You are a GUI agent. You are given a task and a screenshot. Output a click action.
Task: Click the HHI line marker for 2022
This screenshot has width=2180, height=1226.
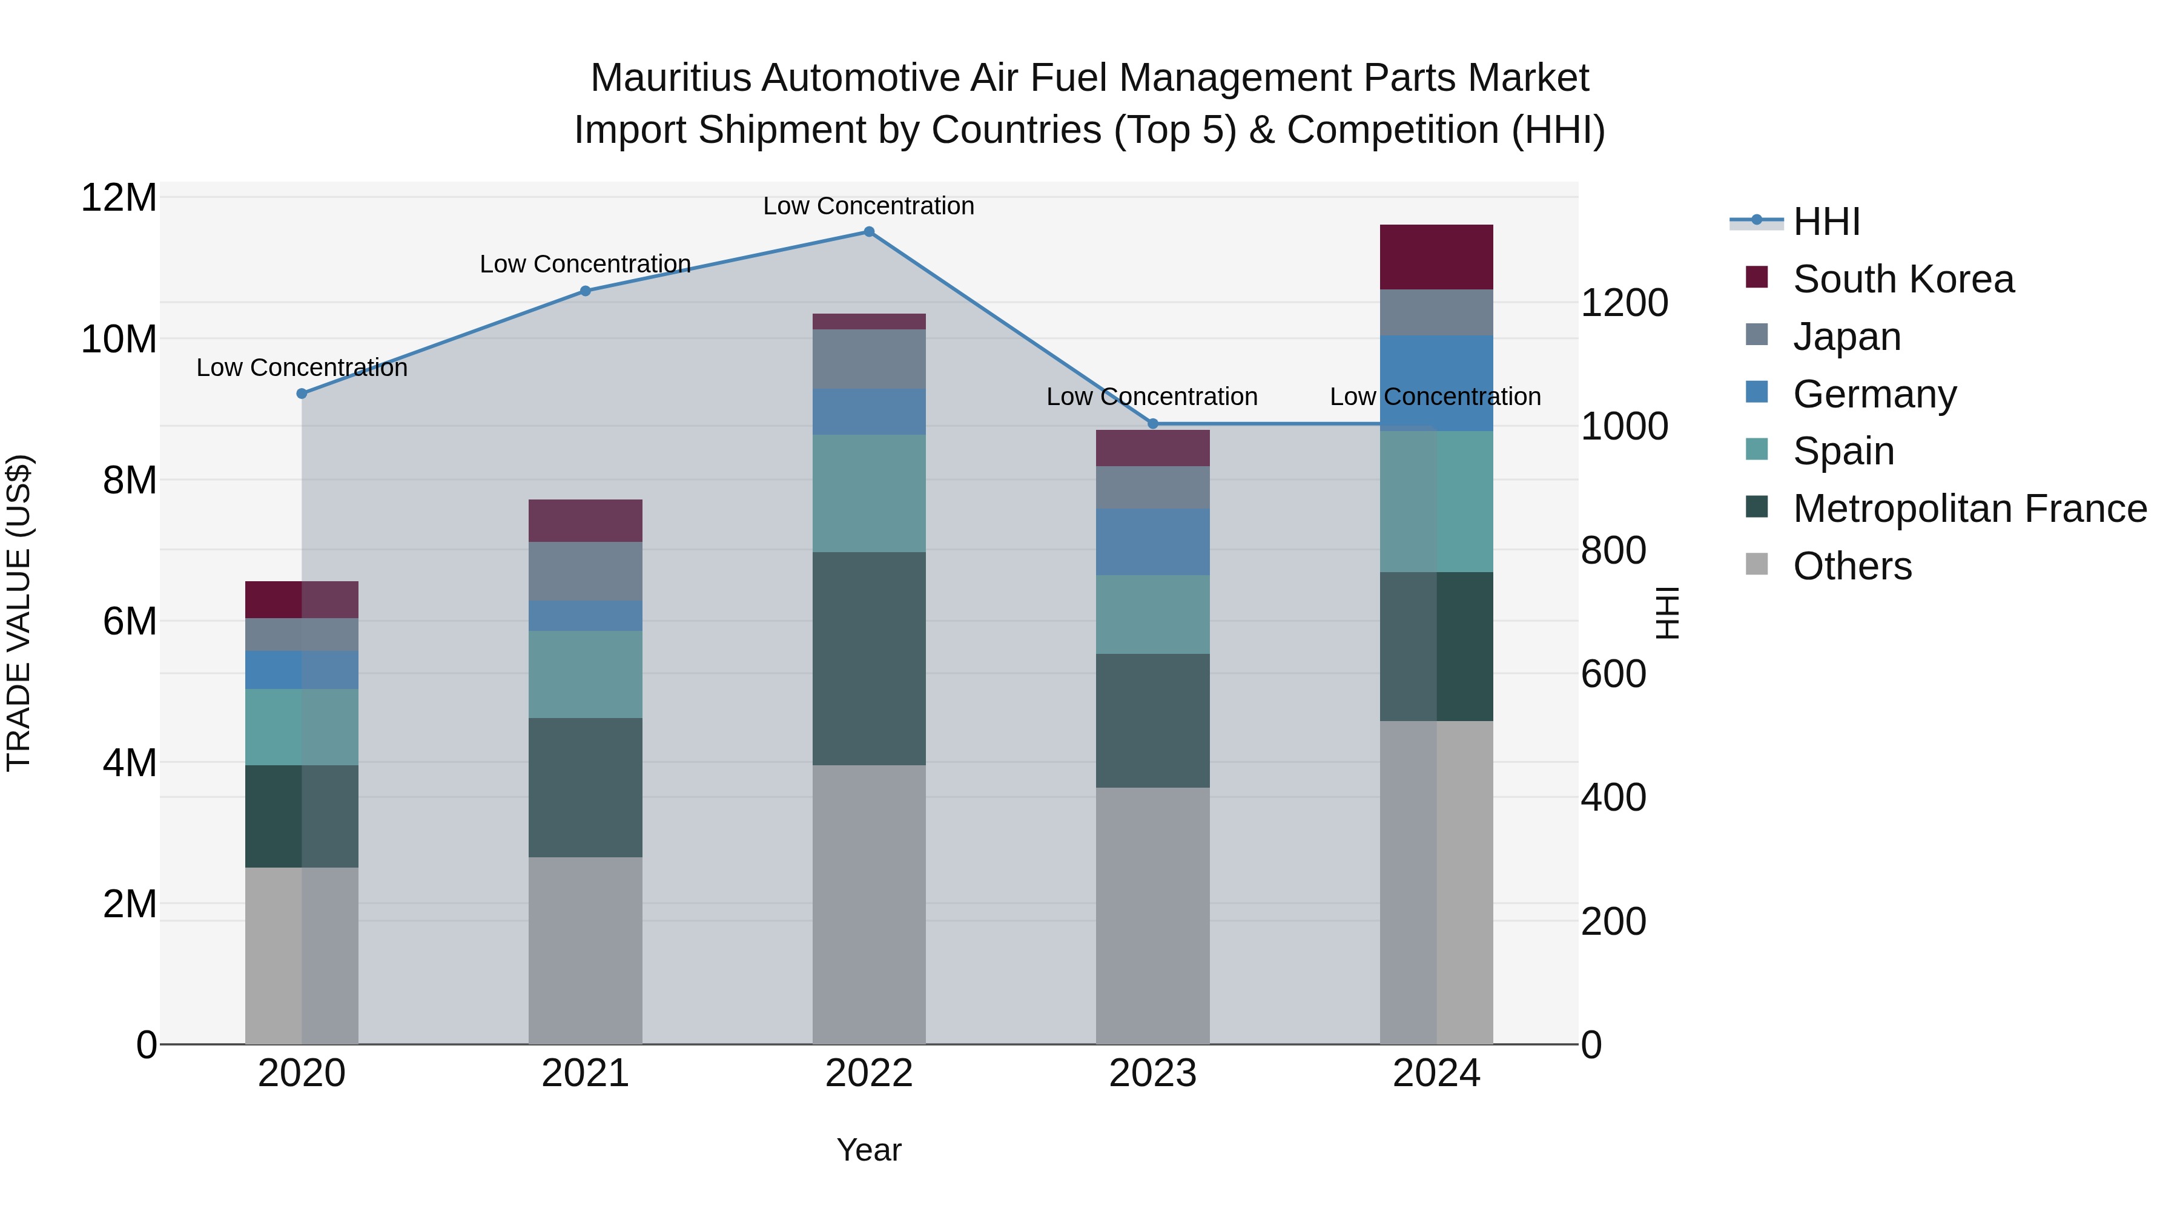coord(868,231)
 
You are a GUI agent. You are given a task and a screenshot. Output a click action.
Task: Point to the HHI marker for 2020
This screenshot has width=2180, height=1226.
coord(302,394)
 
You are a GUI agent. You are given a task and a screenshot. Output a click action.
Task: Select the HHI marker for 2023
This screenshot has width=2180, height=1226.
coord(1152,423)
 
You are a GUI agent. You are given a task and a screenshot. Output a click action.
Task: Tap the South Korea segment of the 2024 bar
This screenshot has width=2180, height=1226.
coord(1436,257)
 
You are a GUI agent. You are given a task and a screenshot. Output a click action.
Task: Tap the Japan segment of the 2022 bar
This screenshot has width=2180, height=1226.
coord(868,359)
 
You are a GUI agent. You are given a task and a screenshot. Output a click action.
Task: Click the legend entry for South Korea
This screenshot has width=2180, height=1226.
coord(1903,279)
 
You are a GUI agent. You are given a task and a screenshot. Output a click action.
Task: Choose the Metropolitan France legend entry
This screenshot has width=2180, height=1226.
coord(1969,509)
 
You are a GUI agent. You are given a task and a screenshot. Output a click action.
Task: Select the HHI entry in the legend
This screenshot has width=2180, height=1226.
coord(1826,222)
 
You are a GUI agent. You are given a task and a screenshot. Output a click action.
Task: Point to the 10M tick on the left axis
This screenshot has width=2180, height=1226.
coord(119,339)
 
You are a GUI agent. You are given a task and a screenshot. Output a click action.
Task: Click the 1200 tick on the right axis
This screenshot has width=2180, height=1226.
coord(1623,303)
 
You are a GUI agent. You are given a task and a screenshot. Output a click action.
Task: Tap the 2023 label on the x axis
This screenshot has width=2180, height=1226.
coord(1152,1073)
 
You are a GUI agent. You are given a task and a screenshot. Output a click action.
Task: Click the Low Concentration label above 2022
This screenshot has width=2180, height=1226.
coord(868,206)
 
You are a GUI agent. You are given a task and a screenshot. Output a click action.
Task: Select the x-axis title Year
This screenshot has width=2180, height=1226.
coord(868,1150)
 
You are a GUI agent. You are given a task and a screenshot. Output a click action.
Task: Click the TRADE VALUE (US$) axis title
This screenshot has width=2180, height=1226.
coord(19,613)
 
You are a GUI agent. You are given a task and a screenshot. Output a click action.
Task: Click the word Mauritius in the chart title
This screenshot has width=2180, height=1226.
coord(670,78)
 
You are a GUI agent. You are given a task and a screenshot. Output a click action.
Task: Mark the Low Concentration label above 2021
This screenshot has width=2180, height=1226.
coord(585,264)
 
